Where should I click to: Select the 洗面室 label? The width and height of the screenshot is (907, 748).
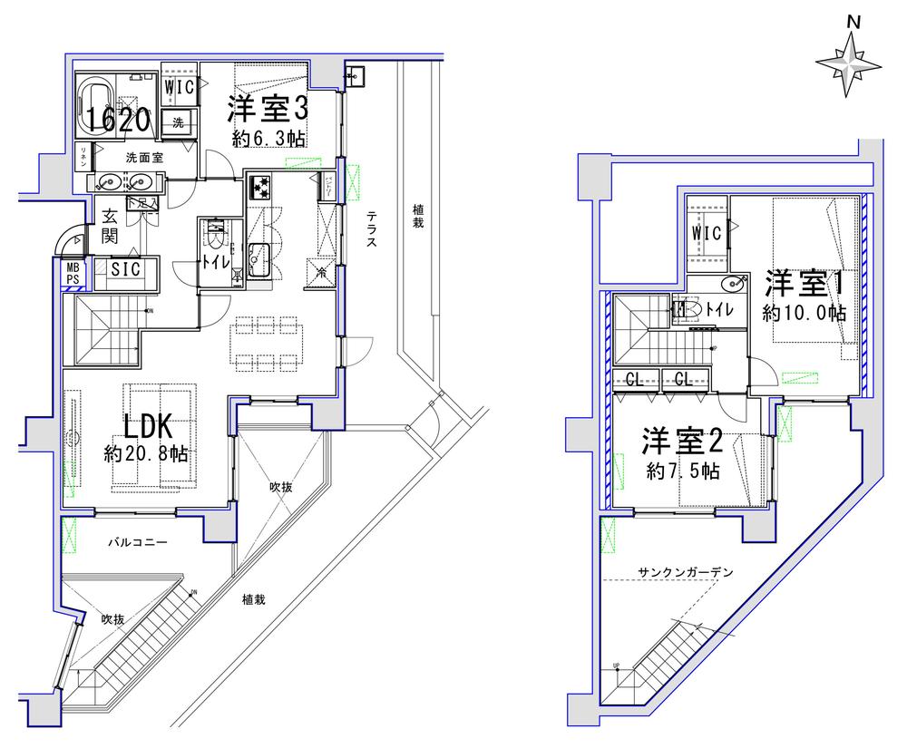[x=143, y=157]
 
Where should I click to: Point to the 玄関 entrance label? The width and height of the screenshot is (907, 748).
[x=109, y=228]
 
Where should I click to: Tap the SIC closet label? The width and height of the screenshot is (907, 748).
[x=125, y=269]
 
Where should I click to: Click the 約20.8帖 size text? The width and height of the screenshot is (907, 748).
[x=151, y=453]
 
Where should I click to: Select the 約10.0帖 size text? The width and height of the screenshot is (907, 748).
[x=804, y=314]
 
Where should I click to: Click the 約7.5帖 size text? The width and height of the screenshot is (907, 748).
[x=684, y=471]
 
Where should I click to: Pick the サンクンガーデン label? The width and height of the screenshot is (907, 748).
[x=685, y=572]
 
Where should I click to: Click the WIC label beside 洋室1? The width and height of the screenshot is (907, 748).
[x=707, y=233]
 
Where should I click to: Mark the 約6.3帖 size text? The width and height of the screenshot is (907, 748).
[x=269, y=138]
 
